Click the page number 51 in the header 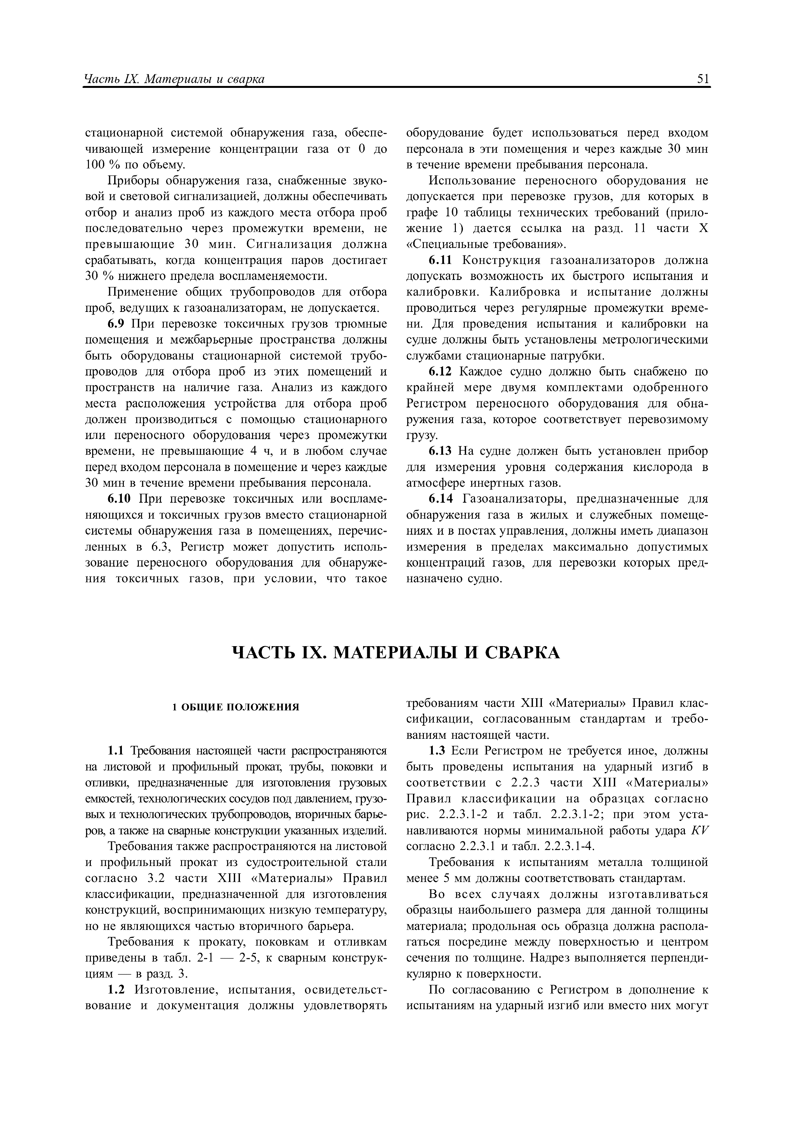tap(703, 79)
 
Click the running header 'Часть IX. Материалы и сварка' tap(174, 79)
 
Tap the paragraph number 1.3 tap(439, 750)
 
